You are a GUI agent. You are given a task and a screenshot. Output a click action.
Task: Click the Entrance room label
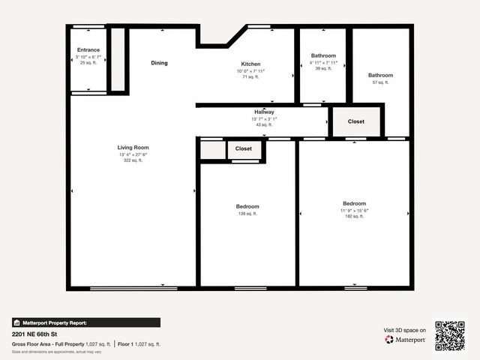[x=88, y=50]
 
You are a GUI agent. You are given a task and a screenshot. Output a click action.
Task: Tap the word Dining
[x=159, y=63]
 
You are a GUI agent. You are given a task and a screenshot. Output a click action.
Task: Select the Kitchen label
[x=250, y=64]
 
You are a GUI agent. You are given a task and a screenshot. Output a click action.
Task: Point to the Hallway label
[x=264, y=112]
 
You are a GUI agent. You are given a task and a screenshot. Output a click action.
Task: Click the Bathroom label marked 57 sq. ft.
[x=380, y=75]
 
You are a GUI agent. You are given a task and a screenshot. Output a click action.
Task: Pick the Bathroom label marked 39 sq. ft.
[x=323, y=56]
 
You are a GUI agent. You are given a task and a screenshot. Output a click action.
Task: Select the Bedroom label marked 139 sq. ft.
[x=247, y=206]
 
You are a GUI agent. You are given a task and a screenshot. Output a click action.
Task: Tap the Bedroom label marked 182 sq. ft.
[x=354, y=204]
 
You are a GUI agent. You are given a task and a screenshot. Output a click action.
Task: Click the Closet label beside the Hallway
[x=356, y=121]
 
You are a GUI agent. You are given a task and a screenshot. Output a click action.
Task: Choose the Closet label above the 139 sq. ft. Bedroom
[x=244, y=148]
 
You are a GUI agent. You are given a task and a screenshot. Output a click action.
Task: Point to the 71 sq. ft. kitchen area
[x=250, y=76]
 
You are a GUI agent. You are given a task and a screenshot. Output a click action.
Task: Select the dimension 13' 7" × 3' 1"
[x=264, y=118]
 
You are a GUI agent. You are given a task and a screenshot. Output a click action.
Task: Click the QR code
[x=450, y=335]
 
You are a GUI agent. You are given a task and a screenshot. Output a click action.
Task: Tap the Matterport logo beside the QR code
[x=406, y=340]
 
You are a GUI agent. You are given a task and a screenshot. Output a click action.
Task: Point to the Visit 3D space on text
[x=405, y=330]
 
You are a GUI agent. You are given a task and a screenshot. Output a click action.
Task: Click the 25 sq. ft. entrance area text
[x=88, y=62]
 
